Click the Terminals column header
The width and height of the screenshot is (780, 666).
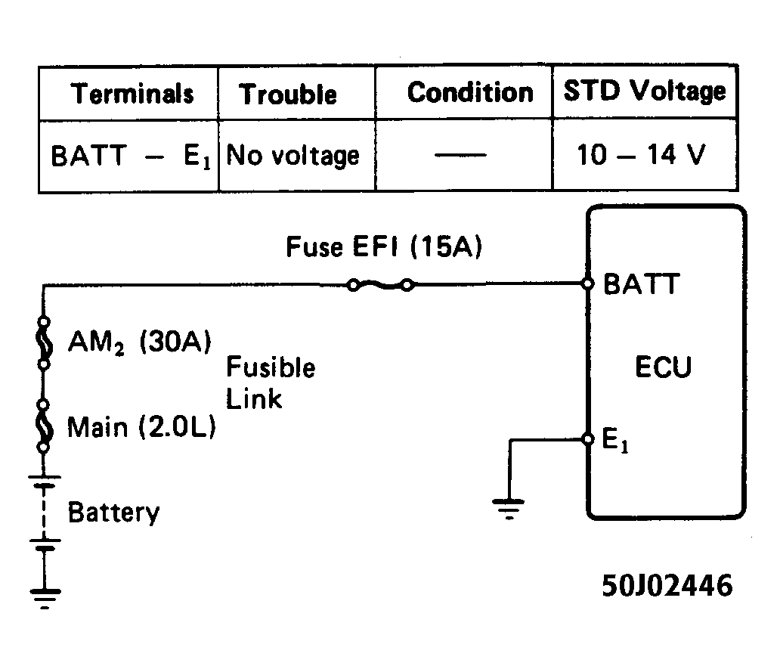point(132,94)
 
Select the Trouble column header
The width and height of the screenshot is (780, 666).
point(287,94)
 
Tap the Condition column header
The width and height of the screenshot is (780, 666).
point(470,93)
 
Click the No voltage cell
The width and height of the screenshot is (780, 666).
point(292,156)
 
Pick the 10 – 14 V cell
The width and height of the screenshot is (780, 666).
point(641,155)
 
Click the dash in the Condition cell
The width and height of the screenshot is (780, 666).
point(460,155)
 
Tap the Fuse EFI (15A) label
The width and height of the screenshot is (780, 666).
point(384,246)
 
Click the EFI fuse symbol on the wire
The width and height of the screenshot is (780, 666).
point(380,285)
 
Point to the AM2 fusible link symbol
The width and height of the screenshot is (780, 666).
point(44,342)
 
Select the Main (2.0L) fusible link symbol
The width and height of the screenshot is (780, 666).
point(44,426)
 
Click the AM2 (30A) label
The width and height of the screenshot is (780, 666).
point(140,342)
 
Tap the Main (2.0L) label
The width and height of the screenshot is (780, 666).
point(142,427)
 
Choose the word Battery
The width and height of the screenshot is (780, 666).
point(114,513)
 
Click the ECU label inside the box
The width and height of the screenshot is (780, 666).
point(663,367)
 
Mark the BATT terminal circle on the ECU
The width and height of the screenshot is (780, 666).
point(588,283)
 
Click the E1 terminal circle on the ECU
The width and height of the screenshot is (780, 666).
point(588,439)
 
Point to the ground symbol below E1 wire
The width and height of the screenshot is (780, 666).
point(509,508)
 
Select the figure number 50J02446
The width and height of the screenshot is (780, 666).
point(667,585)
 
